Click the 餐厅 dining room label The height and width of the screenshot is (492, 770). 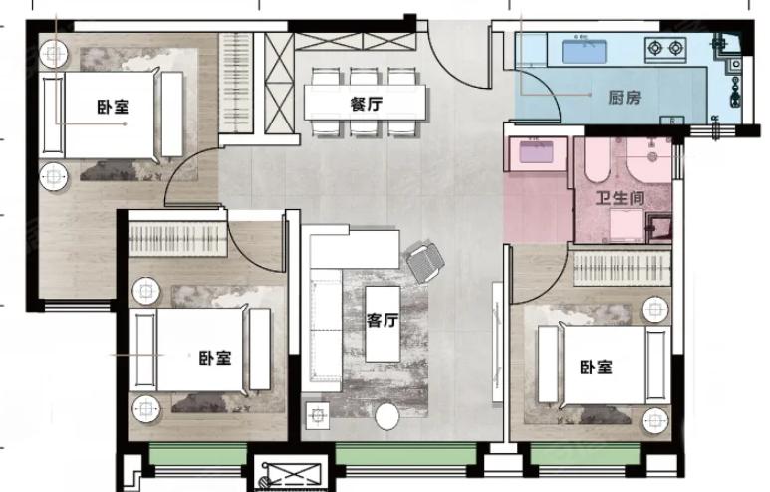click(366, 105)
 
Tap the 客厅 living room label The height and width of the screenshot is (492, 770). click(383, 320)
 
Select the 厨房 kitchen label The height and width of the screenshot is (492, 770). click(625, 98)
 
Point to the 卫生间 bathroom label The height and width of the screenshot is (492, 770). click(620, 198)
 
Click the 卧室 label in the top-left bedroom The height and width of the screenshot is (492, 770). click(114, 107)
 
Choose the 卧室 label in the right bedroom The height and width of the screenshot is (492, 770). click(596, 367)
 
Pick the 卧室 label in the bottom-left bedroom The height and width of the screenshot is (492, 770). click(215, 358)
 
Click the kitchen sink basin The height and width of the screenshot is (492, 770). click(584, 52)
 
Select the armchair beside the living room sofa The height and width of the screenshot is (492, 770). click(425, 262)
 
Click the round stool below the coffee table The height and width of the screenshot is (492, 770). click(387, 417)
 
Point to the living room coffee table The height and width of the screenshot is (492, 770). click(383, 324)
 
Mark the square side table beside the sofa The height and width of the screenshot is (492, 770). click(317, 416)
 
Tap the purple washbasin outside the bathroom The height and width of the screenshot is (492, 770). click(536, 151)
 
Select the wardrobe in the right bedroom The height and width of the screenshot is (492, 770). click(623, 269)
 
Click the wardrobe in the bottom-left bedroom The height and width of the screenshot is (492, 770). click(178, 239)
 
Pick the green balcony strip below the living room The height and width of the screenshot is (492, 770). click(405, 454)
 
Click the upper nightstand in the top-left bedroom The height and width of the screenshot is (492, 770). click(54, 53)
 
